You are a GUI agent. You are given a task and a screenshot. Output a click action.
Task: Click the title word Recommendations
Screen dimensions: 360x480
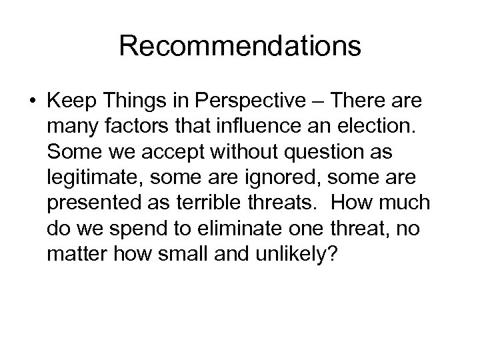[x=240, y=47]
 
